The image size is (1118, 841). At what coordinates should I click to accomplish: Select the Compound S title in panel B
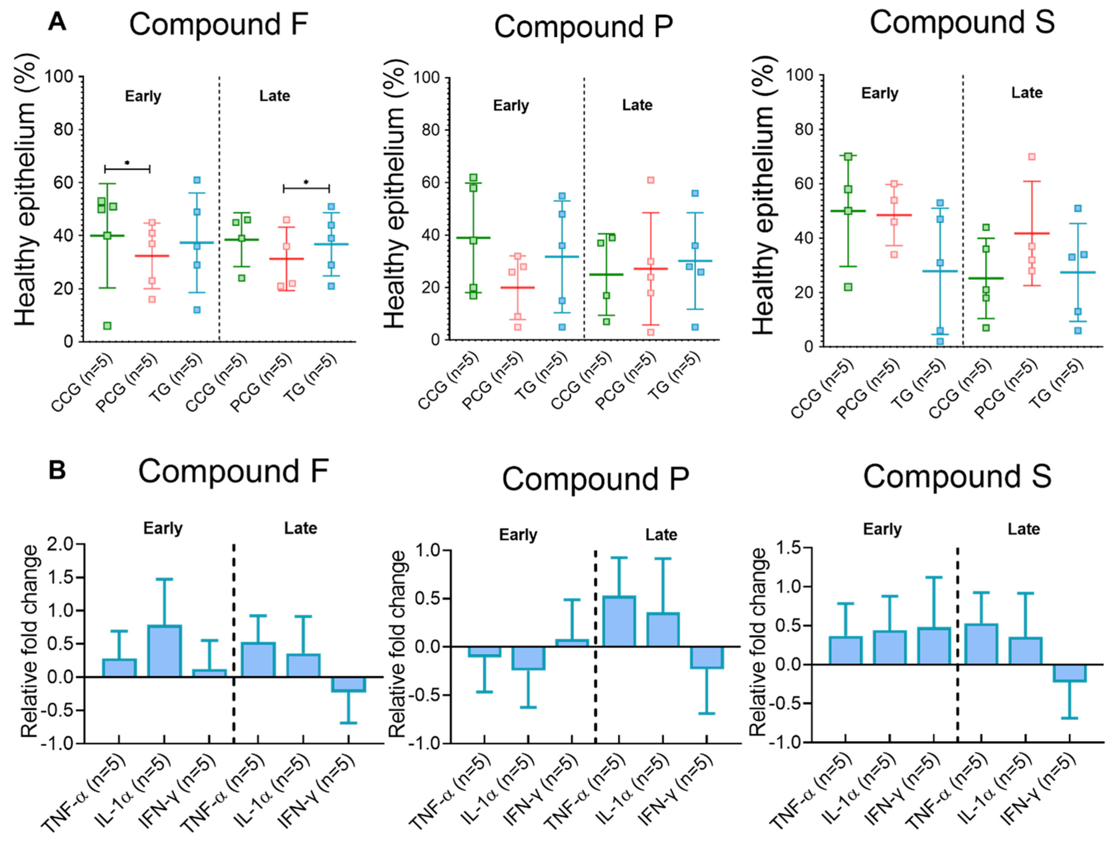click(x=957, y=476)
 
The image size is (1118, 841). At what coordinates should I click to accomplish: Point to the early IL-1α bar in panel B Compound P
click(x=528, y=658)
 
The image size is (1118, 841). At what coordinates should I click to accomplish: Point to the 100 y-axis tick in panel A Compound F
click(x=60, y=77)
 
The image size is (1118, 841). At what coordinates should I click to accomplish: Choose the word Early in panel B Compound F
click(x=163, y=528)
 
